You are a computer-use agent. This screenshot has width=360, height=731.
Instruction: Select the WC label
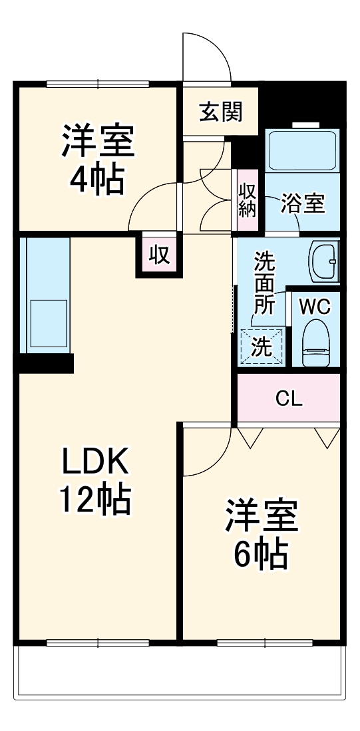click(313, 307)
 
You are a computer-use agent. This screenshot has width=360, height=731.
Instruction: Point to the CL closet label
click(289, 399)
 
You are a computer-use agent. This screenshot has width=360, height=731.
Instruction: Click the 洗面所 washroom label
click(264, 283)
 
